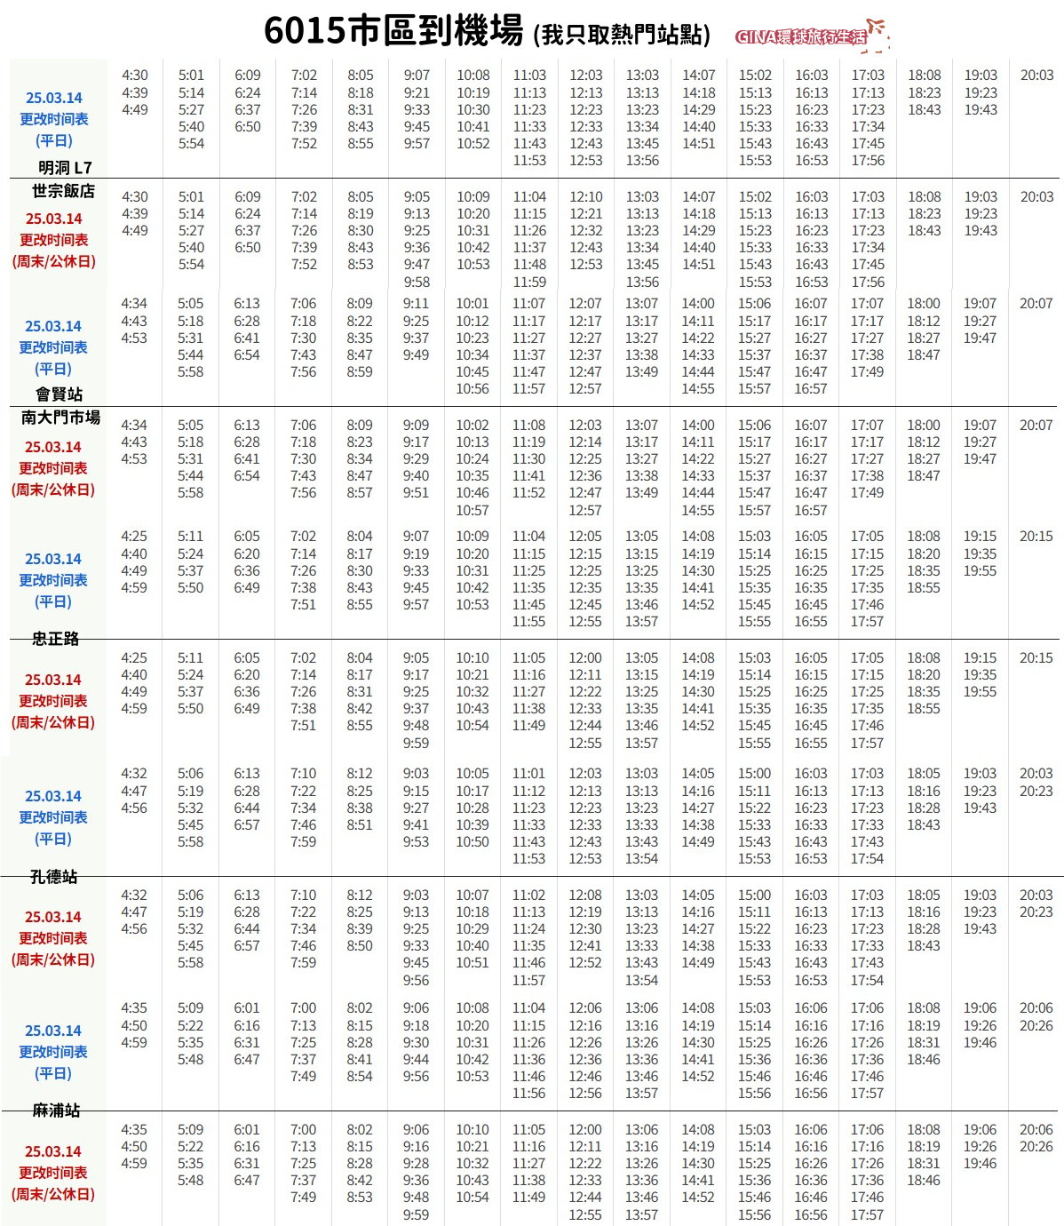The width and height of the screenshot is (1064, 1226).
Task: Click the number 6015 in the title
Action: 304,31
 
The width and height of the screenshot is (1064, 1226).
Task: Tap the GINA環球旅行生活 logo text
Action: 801,36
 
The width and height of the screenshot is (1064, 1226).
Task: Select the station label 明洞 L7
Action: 65,167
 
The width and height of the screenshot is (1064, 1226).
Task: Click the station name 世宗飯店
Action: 63,191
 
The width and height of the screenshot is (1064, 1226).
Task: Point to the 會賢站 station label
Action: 59,394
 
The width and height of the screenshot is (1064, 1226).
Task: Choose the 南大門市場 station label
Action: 60,417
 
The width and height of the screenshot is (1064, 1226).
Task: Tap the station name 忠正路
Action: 56,638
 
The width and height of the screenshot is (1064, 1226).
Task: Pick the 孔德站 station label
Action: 54,877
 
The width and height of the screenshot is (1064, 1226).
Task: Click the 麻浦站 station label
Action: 56,1111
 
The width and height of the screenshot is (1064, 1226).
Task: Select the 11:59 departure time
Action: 529,282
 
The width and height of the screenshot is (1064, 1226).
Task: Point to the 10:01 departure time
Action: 472,304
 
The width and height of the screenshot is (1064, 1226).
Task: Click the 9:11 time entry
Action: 416,304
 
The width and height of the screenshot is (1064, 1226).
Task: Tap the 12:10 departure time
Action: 585,196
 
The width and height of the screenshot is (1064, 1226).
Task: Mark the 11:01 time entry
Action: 528,774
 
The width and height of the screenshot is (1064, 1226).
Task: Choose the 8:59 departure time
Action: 360,372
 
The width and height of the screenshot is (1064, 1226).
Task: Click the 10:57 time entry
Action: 472,510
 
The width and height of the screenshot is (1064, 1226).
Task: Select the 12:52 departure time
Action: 585,962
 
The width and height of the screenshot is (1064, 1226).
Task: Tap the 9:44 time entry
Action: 416,1059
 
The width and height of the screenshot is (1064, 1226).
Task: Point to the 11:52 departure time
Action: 528,493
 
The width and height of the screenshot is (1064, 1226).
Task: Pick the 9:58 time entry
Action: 417,282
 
